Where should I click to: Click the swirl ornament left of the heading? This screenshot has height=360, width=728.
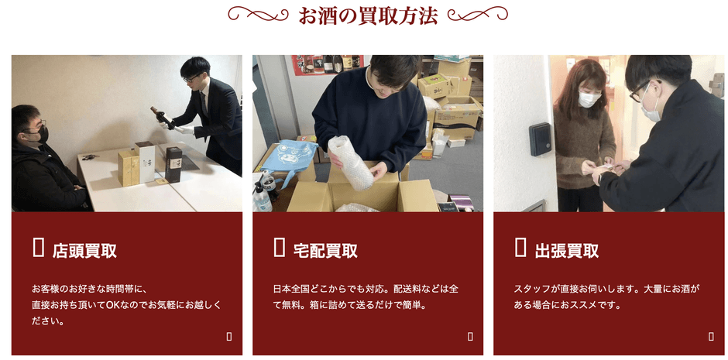coord(259,14)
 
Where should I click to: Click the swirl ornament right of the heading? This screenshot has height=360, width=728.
coord(478,14)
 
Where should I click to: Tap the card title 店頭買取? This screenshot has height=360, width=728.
coord(84,251)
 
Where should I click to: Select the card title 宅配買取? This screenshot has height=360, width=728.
coord(325,251)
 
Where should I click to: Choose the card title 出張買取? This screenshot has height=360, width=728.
coord(566,251)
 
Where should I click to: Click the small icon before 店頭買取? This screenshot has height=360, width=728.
coord(39,248)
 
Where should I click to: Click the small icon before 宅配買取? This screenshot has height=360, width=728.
coord(280,248)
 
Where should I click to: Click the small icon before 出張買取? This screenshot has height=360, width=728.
coord(520,248)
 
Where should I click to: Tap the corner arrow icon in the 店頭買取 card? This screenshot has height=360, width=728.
coord(229,336)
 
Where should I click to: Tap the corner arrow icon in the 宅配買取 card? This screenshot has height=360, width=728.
coord(470,336)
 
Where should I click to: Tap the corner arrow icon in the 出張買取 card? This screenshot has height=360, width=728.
coord(711,336)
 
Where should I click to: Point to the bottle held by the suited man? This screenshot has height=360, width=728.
coord(162,117)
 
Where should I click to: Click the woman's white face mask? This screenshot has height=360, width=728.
coord(589,100)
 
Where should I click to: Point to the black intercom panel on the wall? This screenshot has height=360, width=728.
coord(541,139)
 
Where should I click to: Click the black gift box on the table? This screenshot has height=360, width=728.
coord(173,164)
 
